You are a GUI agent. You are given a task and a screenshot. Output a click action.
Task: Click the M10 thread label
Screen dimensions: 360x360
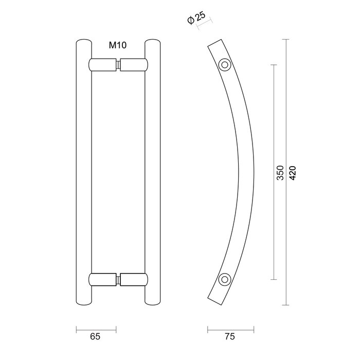tap(117, 46)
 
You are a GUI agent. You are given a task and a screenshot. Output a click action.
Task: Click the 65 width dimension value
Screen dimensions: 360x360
tap(95, 337)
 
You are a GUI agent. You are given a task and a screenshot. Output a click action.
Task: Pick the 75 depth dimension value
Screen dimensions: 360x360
tap(230, 337)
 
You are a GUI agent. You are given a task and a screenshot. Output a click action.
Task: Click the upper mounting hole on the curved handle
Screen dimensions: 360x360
tap(224, 65)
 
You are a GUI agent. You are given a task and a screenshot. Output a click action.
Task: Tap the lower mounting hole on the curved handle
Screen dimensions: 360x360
tap(224, 279)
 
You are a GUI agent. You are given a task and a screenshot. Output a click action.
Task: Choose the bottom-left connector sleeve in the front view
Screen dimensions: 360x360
tap(103, 280)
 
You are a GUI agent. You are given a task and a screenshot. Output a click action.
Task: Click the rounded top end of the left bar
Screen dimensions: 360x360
tap(83, 41)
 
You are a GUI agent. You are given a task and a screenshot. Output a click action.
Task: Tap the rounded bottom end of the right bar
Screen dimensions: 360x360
tap(153, 303)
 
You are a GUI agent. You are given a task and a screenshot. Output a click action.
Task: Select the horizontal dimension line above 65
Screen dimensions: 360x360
tap(96, 328)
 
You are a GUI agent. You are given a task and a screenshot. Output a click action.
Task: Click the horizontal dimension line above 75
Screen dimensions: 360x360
tap(230, 328)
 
